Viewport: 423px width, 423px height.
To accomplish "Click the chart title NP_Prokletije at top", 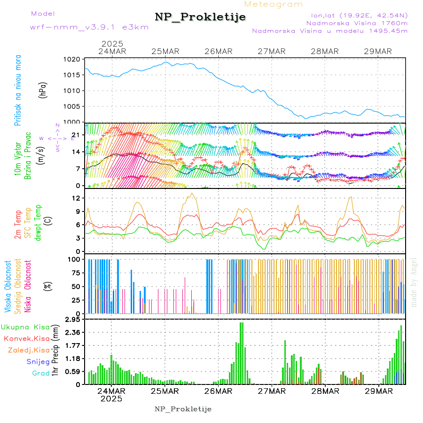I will [x=200, y=17].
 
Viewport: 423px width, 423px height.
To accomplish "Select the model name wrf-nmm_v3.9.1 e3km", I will [x=89, y=27].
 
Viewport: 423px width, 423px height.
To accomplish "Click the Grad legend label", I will [x=40, y=374].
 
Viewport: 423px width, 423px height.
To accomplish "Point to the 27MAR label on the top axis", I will [x=272, y=51].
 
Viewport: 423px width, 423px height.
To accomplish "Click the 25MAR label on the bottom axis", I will [x=165, y=391].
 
